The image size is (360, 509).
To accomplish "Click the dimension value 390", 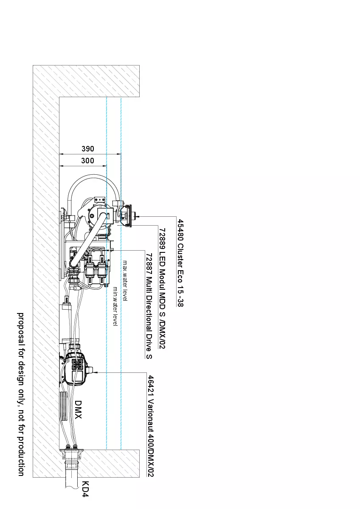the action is [x=88, y=149].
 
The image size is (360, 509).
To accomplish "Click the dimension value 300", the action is [x=87, y=161].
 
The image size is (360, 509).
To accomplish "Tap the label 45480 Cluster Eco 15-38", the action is [x=180, y=263].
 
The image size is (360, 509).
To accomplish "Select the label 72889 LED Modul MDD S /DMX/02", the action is [x=162, y=288].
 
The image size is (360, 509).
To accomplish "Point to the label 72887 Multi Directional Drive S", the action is [x=149, y=306].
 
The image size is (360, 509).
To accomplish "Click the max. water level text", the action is [x=125, y=281].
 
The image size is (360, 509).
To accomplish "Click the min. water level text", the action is [x=115, y=306].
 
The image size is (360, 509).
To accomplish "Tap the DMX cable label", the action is [x=78, y=409].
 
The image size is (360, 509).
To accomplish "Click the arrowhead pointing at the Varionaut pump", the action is [x=95, y=373].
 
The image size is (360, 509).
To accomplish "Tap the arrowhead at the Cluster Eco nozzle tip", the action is [x=138, y=217].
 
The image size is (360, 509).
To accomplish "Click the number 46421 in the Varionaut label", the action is [x=151, y=386].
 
